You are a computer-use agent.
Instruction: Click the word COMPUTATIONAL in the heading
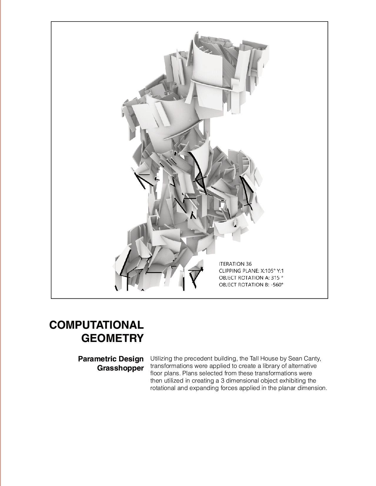(97, 325)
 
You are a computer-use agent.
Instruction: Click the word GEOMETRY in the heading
(112, 338)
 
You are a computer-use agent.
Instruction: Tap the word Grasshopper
(120, 368)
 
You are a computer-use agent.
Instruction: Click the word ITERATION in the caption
(232, 264)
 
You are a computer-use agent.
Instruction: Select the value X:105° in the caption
(269, 271)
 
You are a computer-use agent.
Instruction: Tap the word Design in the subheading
(131, 359)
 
